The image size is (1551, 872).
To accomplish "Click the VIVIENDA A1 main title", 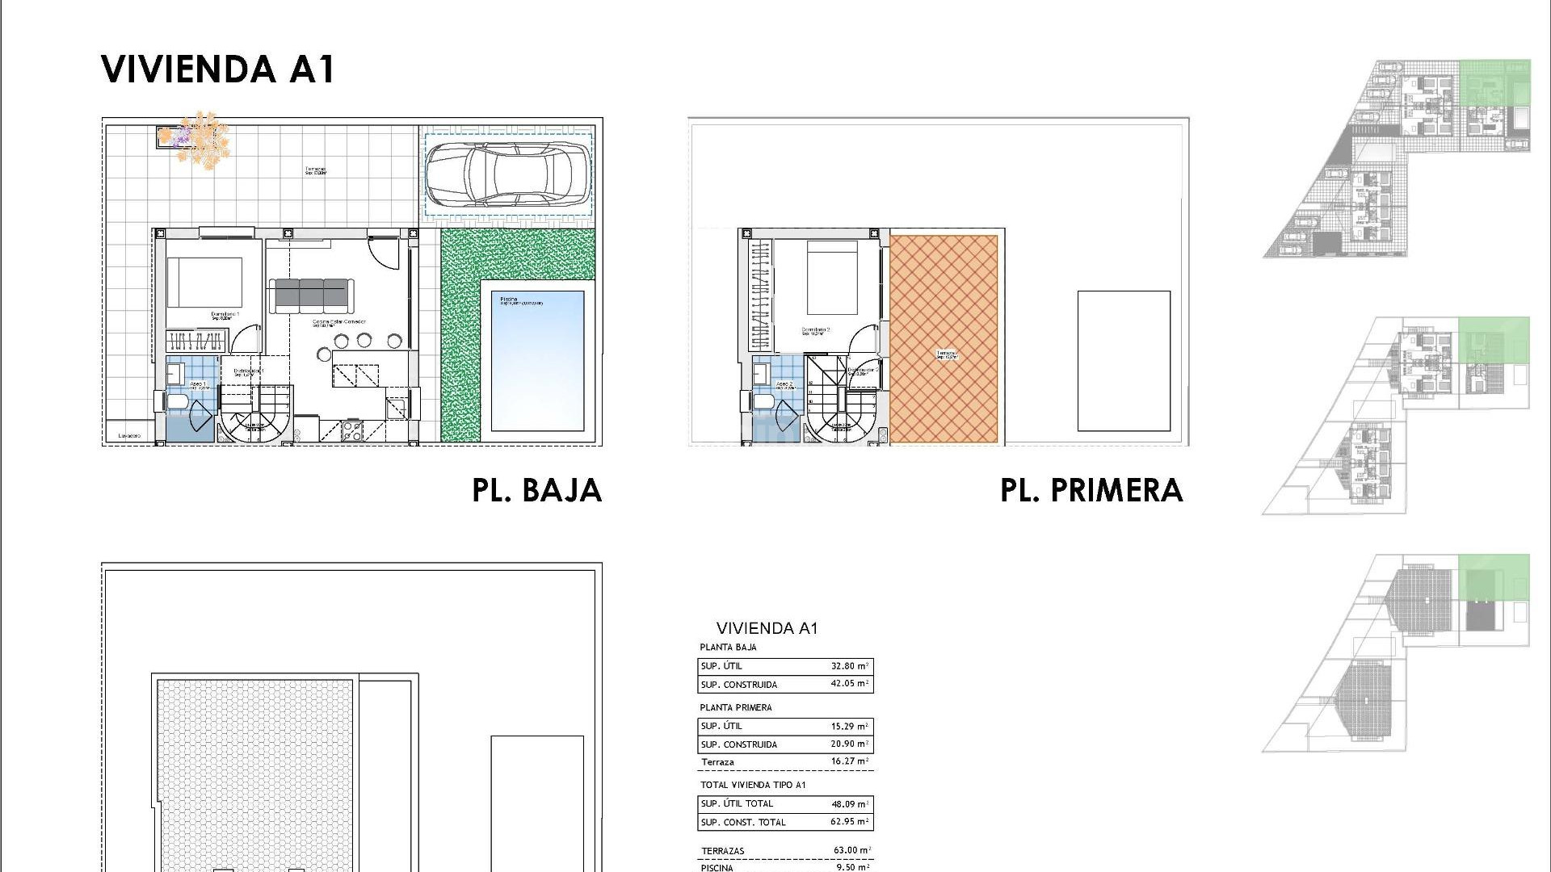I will (x=217, y=69).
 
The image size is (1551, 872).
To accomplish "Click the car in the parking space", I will (x=507, y=174).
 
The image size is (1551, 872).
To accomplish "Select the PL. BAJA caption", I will (x=537, y=491).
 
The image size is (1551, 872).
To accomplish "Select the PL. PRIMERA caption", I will (x=1091, y=491).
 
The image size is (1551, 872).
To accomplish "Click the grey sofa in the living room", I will (x=311, y=295).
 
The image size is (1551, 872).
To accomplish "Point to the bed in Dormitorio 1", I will (x=204, y=283).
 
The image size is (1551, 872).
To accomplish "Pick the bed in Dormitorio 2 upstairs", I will (x=832, y=278).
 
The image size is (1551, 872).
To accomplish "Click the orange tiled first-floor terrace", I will (x=944, y=339).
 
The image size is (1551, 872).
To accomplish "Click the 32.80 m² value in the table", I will (x=849, y=666).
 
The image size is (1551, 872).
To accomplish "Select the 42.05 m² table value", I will (x=849, y=684).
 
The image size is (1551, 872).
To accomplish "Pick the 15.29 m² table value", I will (x=849, y=726).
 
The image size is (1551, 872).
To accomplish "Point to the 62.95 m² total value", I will (x=849, y=822).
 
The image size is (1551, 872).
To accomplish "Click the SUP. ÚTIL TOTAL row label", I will (x=737, y=803).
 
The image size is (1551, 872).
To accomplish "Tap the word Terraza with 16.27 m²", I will (x=717, y=762).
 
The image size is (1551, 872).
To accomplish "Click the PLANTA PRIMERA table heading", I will (x=735, y=707).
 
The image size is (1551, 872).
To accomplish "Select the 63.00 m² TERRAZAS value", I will (x=852, y=850).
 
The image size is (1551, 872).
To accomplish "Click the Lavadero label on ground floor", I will (x=129, y=436).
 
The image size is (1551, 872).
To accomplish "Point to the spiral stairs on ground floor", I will (x=252, y=420).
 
